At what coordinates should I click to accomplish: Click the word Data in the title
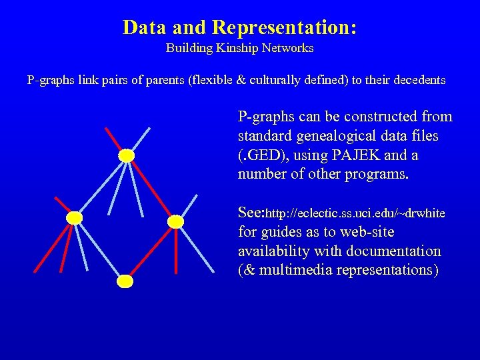145,27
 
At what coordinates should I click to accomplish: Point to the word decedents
418,80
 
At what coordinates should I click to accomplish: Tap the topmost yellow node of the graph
126,155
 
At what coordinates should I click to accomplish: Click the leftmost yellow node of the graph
75,218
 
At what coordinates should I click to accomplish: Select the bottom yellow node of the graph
125,281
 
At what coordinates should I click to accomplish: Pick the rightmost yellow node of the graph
175,221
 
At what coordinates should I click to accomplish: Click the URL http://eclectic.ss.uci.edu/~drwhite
356,213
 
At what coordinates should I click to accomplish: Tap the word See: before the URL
251,213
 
